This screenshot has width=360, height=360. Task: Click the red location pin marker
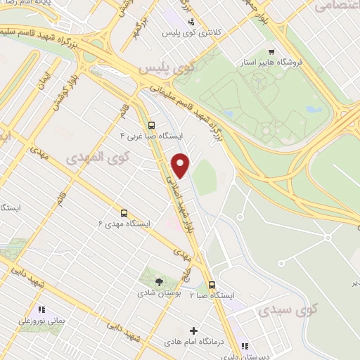[181, 165]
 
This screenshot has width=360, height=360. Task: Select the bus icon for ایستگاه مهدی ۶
[124, 212]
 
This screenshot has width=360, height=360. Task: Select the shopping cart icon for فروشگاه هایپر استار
[271, 51]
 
